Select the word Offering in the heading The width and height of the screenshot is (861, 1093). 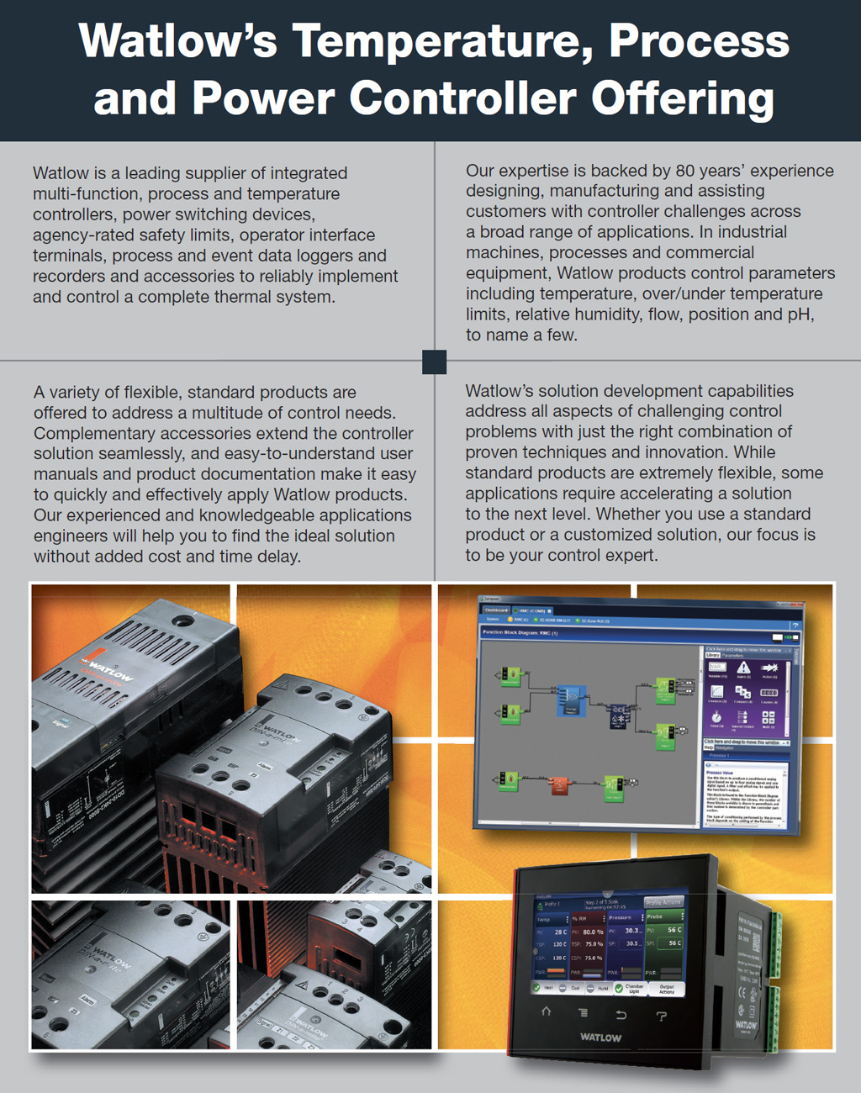click(x=682, y=98)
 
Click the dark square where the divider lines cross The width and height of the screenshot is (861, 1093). click(x=435, y=362)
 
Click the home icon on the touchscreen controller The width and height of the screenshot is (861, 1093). click(x=546, y=1012)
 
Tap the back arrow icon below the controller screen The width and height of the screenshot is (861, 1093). click(x=621, y=1015)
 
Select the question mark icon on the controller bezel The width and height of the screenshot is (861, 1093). click(x=662, y=1016)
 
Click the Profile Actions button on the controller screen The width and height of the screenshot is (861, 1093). click(x=664, y=902)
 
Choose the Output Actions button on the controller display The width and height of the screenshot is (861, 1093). click(x=667, y=990)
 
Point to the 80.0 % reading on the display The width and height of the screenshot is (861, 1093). click(x=593, y=932)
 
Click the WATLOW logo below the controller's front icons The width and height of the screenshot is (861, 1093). click(x=600, y=1038)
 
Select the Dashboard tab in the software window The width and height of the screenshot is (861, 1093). click(x=496, y=610)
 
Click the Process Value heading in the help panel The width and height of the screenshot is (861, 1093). click(x=720, y=772)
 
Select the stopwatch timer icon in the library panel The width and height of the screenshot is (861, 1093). click(x=716, y=717)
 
